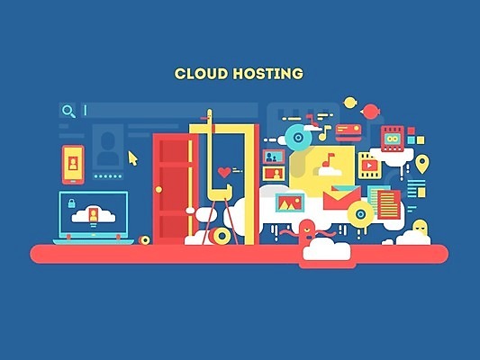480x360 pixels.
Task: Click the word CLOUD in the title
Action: (202, 74)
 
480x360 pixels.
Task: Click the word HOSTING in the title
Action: (267, 74)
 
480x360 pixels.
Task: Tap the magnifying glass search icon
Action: (68, 111)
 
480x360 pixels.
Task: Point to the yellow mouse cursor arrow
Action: (133, 158)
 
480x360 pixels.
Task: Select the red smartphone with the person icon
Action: (73, 165)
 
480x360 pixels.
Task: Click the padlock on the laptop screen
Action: (72, 203)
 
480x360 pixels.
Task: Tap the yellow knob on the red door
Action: (158, 189)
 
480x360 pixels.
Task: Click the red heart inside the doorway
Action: (224, 172)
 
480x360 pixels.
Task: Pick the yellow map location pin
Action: (422, 164)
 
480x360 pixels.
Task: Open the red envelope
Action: (342, 198)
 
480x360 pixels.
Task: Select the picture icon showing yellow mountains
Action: (290, 202)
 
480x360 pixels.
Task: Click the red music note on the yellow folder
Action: (328, 159)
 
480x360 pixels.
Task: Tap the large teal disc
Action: (298, 138)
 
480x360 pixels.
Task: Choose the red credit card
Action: (349, 132)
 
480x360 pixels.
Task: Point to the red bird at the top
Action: (371, 112)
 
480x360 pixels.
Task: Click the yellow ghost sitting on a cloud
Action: (420, 227)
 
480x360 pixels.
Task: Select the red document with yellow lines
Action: (389, 204)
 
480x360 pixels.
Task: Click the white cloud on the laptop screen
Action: (94, 215)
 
